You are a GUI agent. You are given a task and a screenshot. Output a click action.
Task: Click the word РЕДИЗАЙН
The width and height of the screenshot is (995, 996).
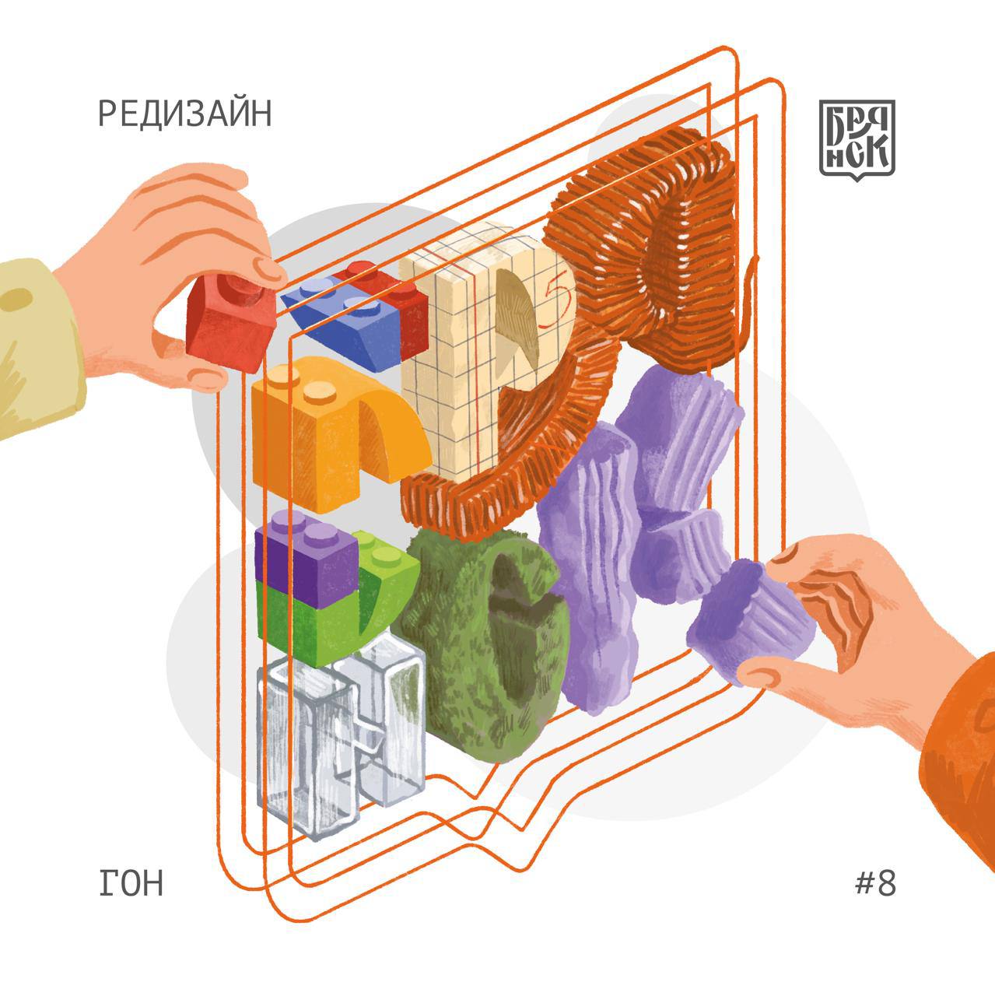pyautogui.click(x=184, y=114)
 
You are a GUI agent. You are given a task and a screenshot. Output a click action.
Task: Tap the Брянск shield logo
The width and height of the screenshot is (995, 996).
pyautogui.click(x=857, y=139)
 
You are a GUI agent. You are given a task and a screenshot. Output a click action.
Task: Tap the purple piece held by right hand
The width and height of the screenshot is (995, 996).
pyautogui.click(x=749, y=622)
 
